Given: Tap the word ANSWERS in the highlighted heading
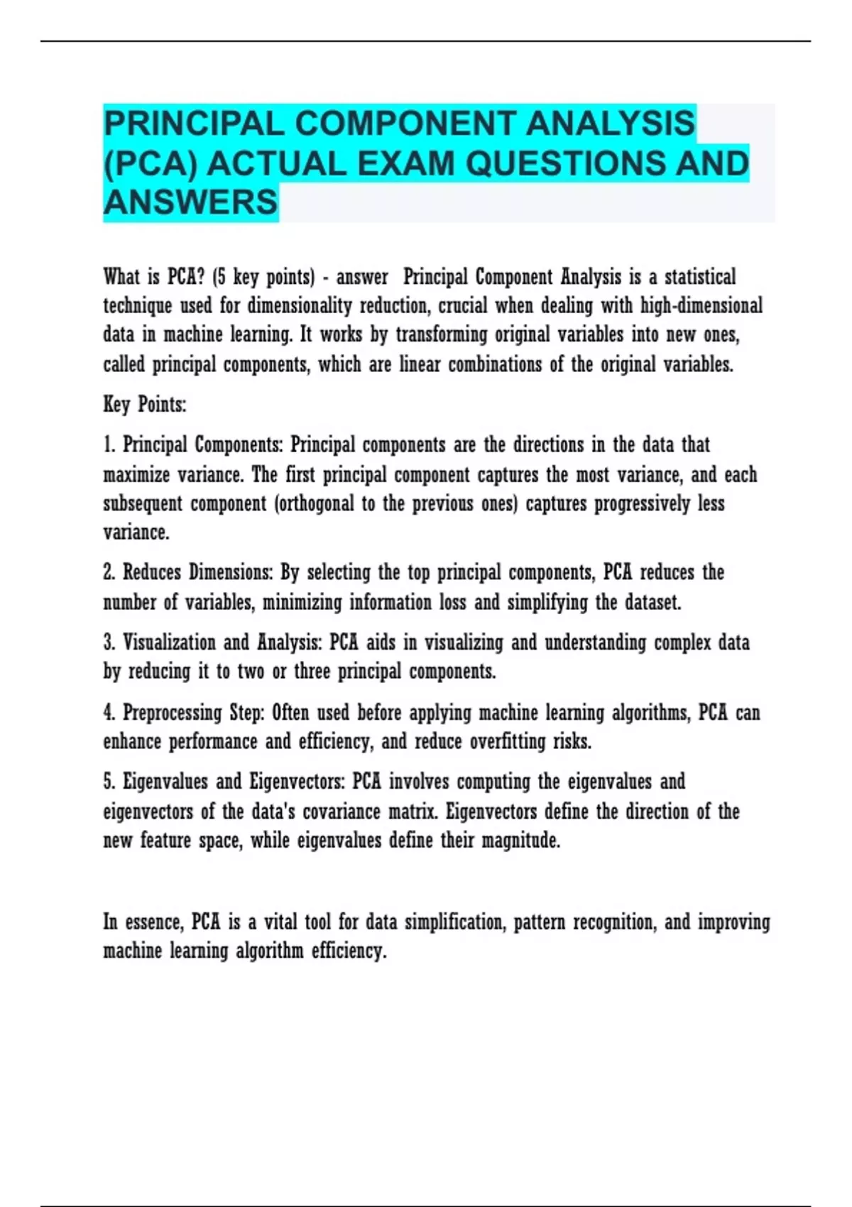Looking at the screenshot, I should pyautogui.click(x=190, y=202).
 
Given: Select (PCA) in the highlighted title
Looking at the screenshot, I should pyautogui.click(x=151, y=164).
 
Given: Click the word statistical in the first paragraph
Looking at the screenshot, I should pyautogui.click(x=699, y=277).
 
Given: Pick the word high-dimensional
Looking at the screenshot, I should pyautogui.click(x=701, y=306).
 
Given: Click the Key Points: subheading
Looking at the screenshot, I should pyautogui.click(x=145, y=405).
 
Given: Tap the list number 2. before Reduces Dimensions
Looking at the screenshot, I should pyautogui.click(x=109, y=572).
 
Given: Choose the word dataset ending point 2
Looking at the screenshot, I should pyautogui.click(x=652, y=603).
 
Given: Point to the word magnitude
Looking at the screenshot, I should pyautogui.click(x=520, y=841).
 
